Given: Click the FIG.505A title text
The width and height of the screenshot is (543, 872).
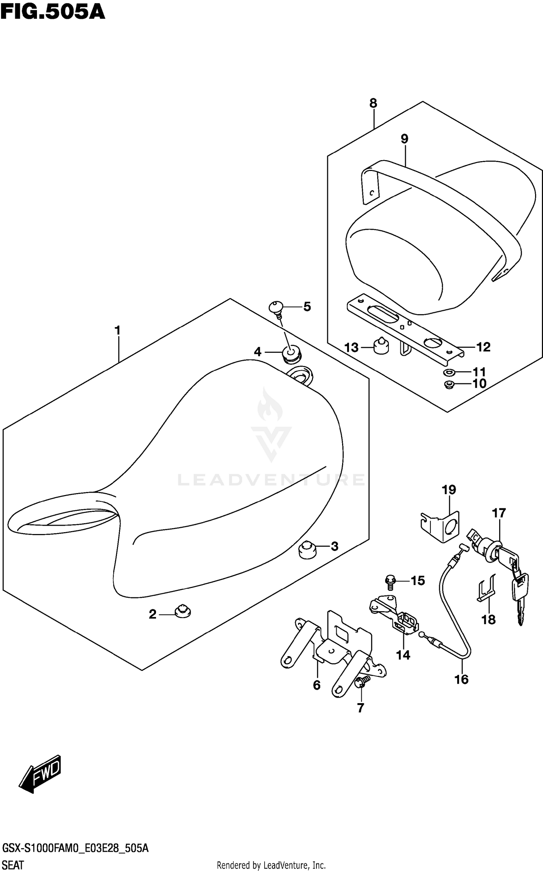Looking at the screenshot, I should click(53, 12).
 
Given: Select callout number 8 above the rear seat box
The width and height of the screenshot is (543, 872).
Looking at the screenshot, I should click(373, 103).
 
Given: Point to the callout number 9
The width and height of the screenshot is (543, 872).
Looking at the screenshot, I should click(404, 139).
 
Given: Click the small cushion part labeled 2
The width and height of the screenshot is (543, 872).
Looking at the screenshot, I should click(182, 612).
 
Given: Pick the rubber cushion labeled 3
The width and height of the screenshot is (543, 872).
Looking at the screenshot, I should click(307, 550).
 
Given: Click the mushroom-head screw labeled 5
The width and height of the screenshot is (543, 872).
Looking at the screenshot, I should click(277, 309).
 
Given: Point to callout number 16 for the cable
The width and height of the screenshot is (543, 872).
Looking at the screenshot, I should click(462, 679).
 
